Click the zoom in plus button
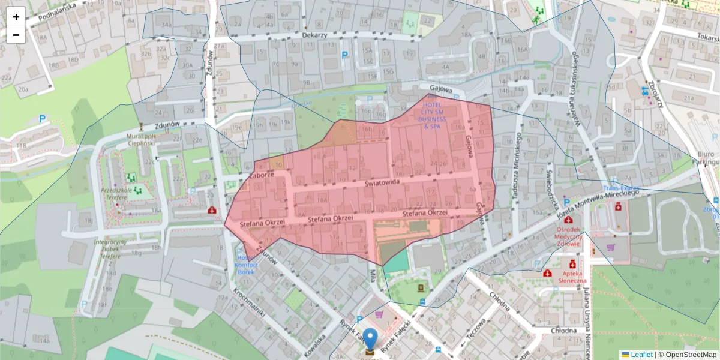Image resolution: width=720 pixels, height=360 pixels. [16, 17]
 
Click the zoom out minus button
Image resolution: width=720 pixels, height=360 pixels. [16, 35]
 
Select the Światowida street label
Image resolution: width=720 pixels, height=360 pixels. [382, 184]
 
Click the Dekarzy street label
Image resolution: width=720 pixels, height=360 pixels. [314, 35]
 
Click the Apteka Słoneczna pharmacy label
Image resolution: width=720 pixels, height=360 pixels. [573, 277]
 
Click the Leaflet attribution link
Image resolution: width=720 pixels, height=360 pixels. [641, 355]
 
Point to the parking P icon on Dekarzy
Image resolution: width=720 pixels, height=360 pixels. [345, 55]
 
